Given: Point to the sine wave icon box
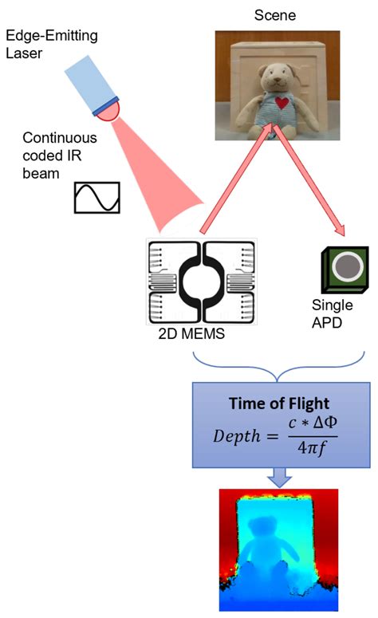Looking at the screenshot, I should click(96, 197).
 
